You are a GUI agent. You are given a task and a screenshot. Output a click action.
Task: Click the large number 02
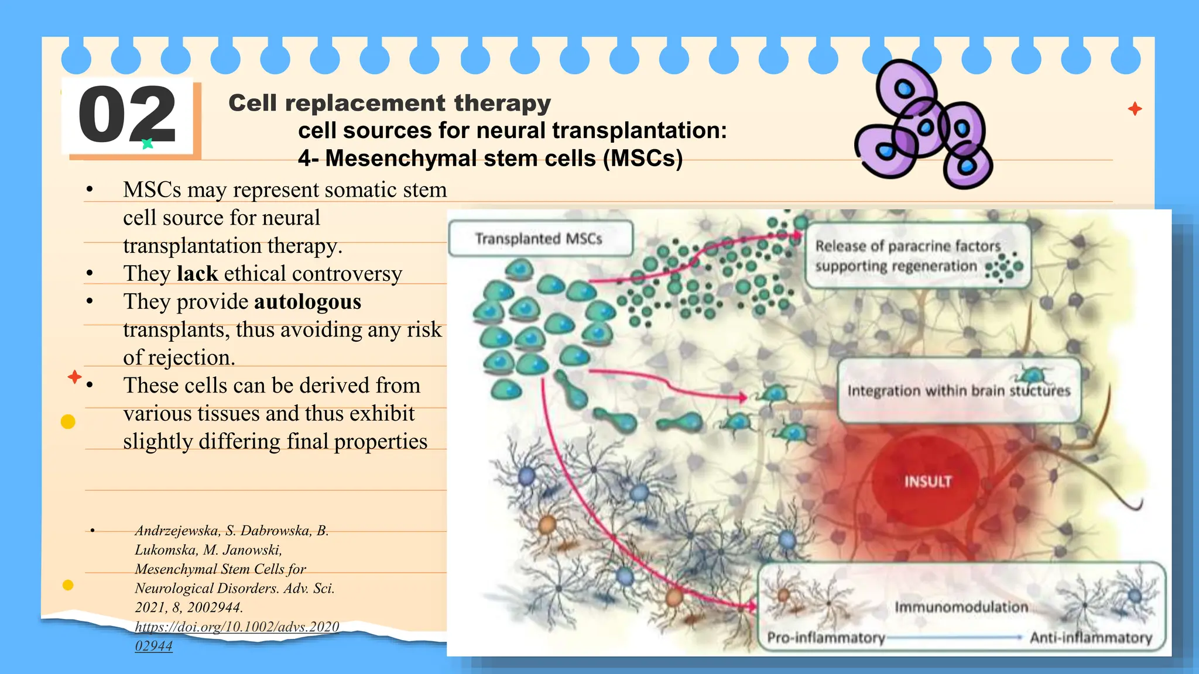click(127, 115)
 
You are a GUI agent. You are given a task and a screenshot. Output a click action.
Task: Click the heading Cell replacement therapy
click(389, 103)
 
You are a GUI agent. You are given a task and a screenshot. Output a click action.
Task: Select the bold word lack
click(197, 274)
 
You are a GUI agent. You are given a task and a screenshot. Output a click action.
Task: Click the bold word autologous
click(307, 302)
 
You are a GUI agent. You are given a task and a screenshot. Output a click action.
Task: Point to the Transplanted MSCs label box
click(540, 239)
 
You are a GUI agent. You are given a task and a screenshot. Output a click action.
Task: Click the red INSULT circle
click(927, 481)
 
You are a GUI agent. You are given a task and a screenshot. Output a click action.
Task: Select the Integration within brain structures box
click(958, 391)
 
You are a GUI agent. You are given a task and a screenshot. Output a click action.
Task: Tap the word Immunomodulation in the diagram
click(961, 607)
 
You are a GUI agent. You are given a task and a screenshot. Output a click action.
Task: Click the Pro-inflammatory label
click(825, 637)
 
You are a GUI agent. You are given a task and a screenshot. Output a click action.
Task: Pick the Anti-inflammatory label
click(1091, 637)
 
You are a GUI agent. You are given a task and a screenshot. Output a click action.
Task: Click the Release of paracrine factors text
click(907, 246)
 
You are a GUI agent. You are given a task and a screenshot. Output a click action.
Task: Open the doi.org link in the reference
click(237, 627)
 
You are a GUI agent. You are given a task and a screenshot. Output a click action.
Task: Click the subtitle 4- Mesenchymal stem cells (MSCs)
click(490, 159)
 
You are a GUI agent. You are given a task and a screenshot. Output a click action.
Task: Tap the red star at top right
click(1135, 109)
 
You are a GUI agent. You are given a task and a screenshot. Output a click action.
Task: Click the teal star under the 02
click(148, 143)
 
